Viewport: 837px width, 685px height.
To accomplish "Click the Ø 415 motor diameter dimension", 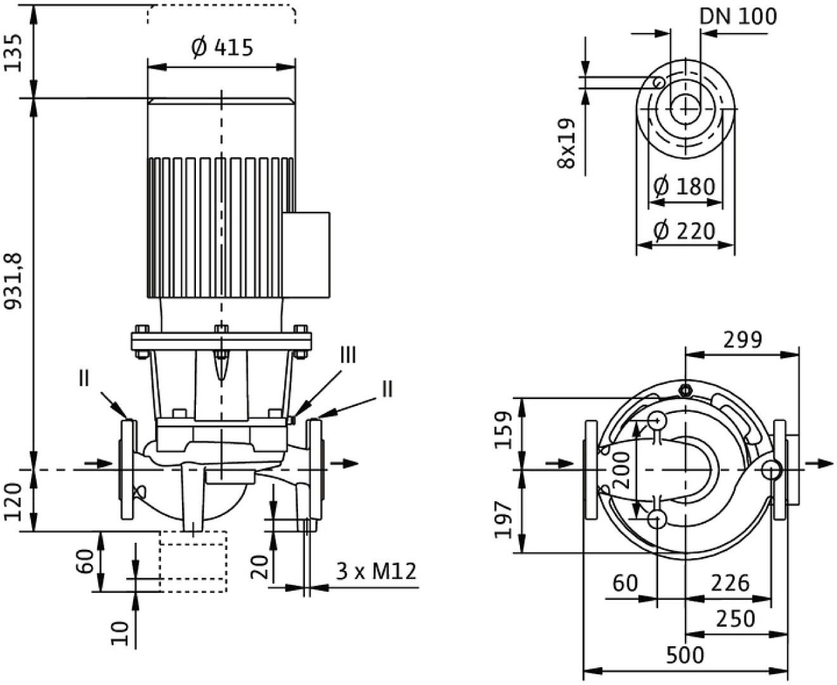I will (x=222, y=48).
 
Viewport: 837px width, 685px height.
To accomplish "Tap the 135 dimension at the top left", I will (x=14, y=51).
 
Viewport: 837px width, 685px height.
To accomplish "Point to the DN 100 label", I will (x=737, y=16).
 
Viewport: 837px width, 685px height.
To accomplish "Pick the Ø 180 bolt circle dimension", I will (x=684, y=186).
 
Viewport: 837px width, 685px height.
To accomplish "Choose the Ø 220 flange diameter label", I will (x=684, y=231).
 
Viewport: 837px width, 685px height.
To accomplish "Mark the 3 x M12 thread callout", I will (x=376, y=571).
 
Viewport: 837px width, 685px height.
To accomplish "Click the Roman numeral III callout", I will (x=347, y=355).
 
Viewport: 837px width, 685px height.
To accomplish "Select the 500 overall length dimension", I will (x=685, y=655).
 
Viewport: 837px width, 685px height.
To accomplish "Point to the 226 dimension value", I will (x=730, y=582).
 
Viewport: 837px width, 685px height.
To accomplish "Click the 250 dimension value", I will (x=736, y=618).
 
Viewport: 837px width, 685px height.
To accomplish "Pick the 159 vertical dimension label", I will (x=504, y=430).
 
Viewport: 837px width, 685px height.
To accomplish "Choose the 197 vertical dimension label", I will (x=504, y=519).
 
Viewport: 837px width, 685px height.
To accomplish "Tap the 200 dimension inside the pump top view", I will (x=623, y=469).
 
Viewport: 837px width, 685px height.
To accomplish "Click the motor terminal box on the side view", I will (x=306, y=255).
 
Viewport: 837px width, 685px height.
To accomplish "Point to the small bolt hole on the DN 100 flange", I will (x=659, y=82).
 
